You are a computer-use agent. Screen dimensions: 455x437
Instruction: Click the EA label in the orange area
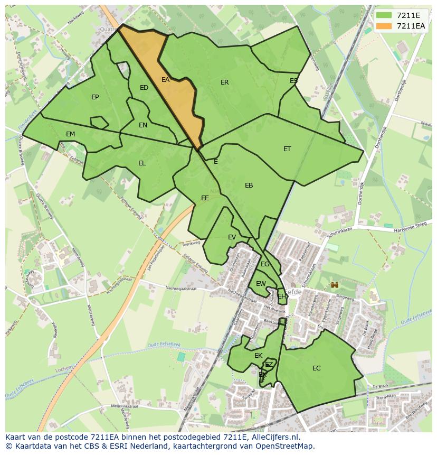pos(165,80)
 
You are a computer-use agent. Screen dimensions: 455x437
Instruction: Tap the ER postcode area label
pos(225,82)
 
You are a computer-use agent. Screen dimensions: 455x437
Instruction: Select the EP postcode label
pos(95,97)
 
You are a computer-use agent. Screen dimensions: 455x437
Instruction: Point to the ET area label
pos(287,149)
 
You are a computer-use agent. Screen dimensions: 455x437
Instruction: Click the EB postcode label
pos(249,185)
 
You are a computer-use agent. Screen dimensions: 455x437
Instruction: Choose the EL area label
pos(142,163)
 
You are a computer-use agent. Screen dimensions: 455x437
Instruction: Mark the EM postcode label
pos(71,134)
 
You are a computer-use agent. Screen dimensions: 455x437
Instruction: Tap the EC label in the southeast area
pos(317,368)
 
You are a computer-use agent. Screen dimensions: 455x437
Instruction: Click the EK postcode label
pos(259,356)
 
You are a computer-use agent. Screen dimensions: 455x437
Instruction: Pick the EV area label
pos(232,237)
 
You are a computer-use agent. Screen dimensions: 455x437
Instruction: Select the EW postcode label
pos(261,284)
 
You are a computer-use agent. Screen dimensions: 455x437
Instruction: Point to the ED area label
pos(144,88)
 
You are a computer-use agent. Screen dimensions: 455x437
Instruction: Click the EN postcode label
pos(143,125)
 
